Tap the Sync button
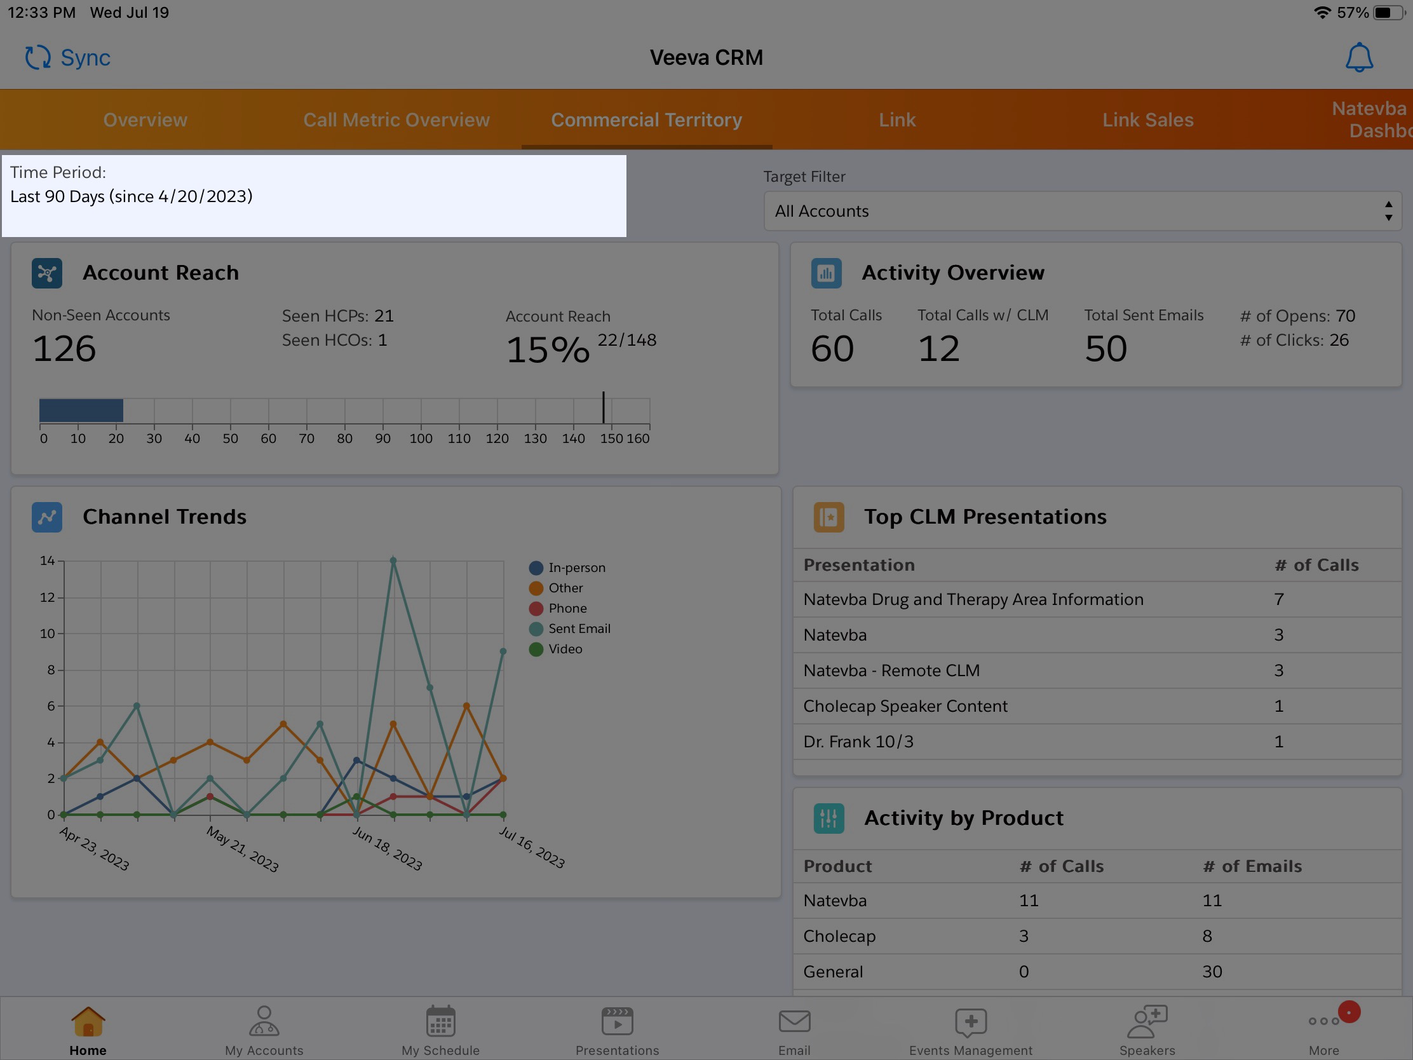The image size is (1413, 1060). (x=68, y=57)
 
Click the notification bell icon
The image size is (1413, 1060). (x=1358, y=57)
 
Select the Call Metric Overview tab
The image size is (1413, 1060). (x=396, y=120)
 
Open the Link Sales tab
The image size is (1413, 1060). (x=1147, y=120)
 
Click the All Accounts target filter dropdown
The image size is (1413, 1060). (x=1082, y=211)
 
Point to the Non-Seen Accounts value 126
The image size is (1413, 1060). (x=64, y=349)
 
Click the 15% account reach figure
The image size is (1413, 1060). (x=548, y=350)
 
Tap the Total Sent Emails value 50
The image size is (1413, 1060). (x=1105, y=349)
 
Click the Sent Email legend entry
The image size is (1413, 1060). (x=578, y=629)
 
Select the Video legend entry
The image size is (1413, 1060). (x=565, y=649)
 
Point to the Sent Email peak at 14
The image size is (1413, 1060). (x=393, y=561)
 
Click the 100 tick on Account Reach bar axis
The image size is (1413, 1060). (x=421, y=438)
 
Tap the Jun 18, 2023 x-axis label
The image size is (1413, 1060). (x=387, y=848)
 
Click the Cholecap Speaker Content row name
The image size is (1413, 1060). (x=905, y=706)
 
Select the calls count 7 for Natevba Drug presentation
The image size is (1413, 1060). (x=1278, y=599)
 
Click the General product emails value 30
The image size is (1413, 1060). (x=1212, y=972)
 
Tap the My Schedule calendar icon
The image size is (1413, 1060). (x=440, y=1021)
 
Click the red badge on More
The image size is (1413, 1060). (x=1349, y=1012)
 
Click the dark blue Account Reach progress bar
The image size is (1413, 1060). (x=81, y=410)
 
